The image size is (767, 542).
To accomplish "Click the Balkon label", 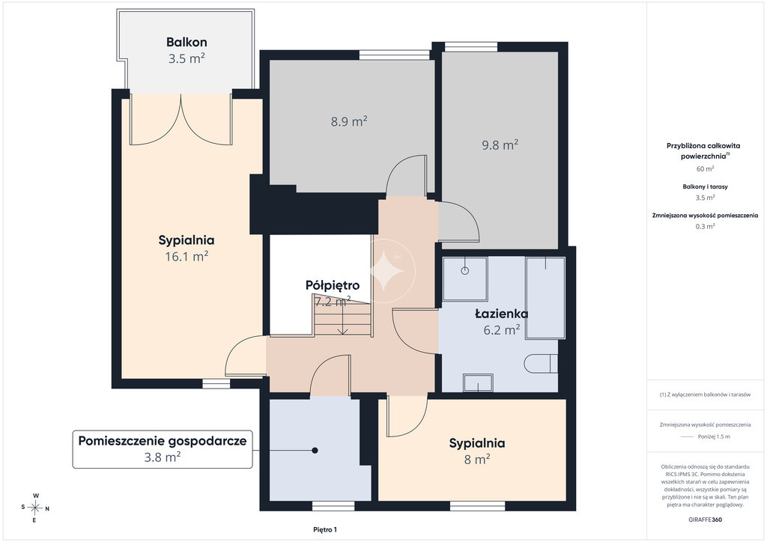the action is (x=187, y=42).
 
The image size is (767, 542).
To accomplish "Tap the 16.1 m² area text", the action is (x=187, y=256).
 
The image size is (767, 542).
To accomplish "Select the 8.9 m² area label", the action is (x=349, y=121).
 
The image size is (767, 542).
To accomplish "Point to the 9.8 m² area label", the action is (x=500, y=144).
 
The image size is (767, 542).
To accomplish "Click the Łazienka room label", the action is (x=501, y=314).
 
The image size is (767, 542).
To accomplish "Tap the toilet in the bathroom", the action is (x=541, y=364).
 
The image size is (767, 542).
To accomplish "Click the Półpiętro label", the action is (x=333, y=285).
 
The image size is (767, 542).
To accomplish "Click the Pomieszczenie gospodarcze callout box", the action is (x=163, y=449).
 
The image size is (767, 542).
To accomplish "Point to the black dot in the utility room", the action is (x=315, y=450).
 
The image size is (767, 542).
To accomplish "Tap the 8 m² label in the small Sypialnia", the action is (x=477, y=460).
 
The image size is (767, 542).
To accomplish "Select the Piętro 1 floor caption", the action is (x=325, y=530).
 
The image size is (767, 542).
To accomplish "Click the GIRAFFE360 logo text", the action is (x=705, y=520).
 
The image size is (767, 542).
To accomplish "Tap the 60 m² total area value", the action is (x=705, y=168).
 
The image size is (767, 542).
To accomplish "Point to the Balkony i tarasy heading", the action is (x=705, y=186).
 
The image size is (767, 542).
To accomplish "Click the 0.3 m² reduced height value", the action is (x=705, y=226).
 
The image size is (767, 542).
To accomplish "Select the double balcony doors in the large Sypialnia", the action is (x=181, y=119).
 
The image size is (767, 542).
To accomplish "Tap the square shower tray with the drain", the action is (x=464, y=278).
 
